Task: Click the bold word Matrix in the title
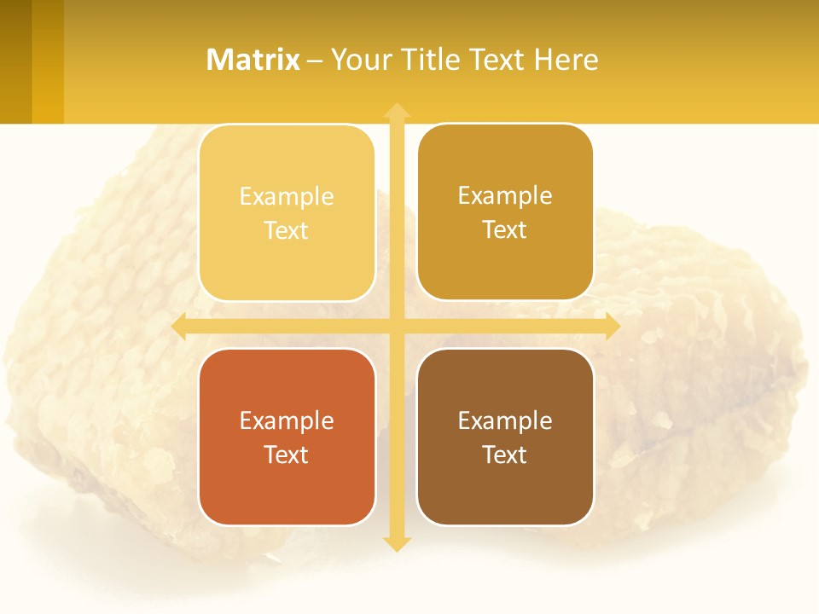pyautogui.click(x=253, y=60)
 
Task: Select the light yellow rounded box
pyautogui.click(x=287, y=212)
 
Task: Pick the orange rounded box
pyautogui.click(x=287, y=437)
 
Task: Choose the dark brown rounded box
pyautogui.click(x=505, y=437)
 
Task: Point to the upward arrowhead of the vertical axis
pyautogui.click(x=396, y=110)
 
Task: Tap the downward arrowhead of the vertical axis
pyautogui.click(x=396, y=543)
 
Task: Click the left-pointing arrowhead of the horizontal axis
pyautogui.click(x=179, y=326)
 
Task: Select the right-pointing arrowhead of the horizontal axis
pyautogui.click(x=612, y=326)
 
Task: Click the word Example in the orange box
pyautogui.click(x=287, y=420)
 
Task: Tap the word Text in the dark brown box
pyautogui.click(x=505, y=455)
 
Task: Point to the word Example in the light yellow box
pyautogui.click(x=287, y=196)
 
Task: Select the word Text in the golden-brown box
pyautogui.click(x=505, y=229)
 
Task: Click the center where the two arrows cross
pyautogui.click(x=396, y=326)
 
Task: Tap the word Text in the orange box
pyautogui.click(x=287, y=455)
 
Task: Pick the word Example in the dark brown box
pyautogui.click(x=505, y=420)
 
